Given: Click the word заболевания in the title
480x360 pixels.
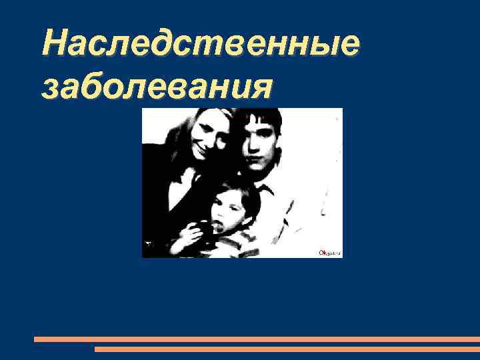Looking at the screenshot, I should point(156,87).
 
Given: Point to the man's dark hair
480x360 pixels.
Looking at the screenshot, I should point(261,120).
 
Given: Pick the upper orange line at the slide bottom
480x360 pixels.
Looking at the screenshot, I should point(257,339).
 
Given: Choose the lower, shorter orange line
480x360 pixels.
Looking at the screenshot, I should point(287,349).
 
